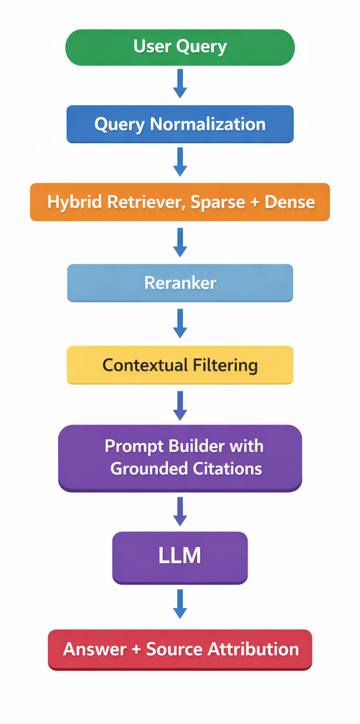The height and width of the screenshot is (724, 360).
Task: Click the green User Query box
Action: [x=180, y=47]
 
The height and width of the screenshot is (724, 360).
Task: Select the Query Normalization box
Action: [x=180, y=124]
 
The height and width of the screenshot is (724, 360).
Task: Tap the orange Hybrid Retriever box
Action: [x=180, y=202]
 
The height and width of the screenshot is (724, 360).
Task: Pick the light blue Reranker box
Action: [x=180, y=282]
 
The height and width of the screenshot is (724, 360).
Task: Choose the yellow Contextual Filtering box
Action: [x=180, y=364]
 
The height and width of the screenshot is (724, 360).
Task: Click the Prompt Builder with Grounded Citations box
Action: [x=180, y=457]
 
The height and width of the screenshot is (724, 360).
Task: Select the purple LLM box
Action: [x=180, y=556]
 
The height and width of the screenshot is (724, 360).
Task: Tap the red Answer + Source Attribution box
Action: [x=180, y=649]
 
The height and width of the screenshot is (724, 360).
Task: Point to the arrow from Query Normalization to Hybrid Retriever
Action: [x=180, y=161]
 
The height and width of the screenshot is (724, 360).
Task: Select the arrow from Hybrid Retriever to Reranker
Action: [x=180, y=242]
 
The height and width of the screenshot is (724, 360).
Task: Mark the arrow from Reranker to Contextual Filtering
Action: [x=180, y=324]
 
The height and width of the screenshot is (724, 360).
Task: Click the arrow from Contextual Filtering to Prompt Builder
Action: [x=180, y=405]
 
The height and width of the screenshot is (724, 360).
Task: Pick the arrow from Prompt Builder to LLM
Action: [x=180, y=511]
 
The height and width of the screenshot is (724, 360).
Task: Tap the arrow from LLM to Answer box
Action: [x=180, y=604]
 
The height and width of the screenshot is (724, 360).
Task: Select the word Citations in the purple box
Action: [x=226, y=468]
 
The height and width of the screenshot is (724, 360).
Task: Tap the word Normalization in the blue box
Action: [x=207, y=124]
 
